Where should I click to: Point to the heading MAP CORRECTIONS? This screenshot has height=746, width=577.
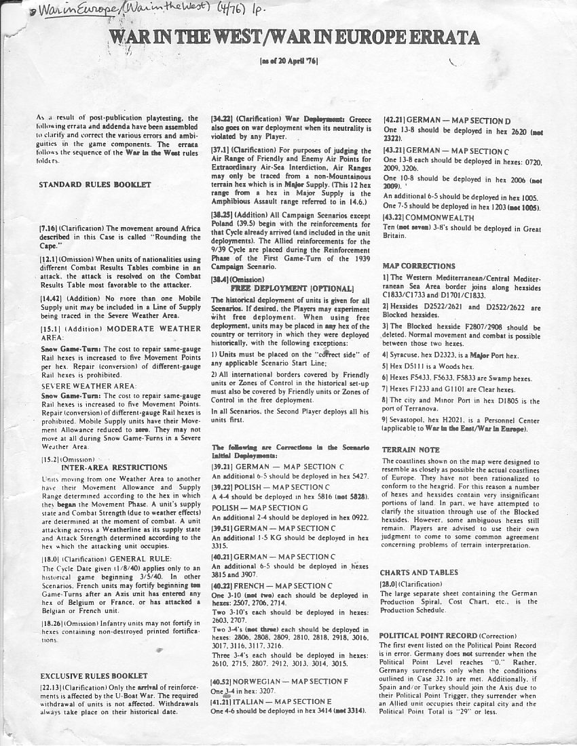pyautogui.click(x=419, y=266)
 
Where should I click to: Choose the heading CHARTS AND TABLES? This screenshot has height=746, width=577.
pyautogui.click(x=419, y=572)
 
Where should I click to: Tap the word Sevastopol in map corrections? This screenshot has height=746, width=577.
pyautogui.click(x=409, y=421)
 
